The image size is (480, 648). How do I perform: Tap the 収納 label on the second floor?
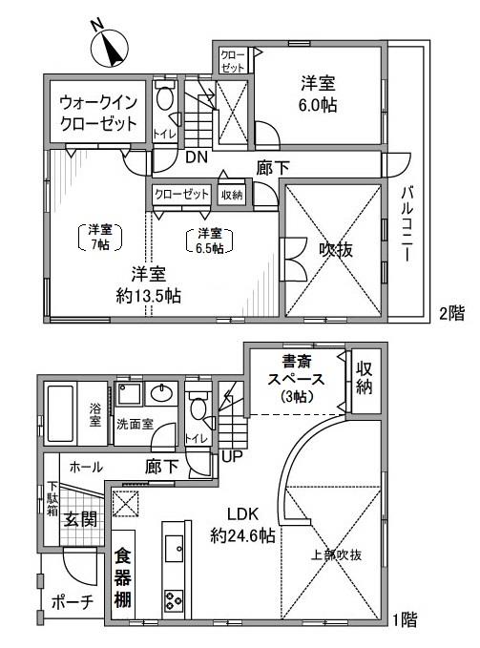coord(231,194)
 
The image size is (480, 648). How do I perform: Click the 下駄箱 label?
coord(53,500)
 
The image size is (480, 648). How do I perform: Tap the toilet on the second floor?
coord(166,100)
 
